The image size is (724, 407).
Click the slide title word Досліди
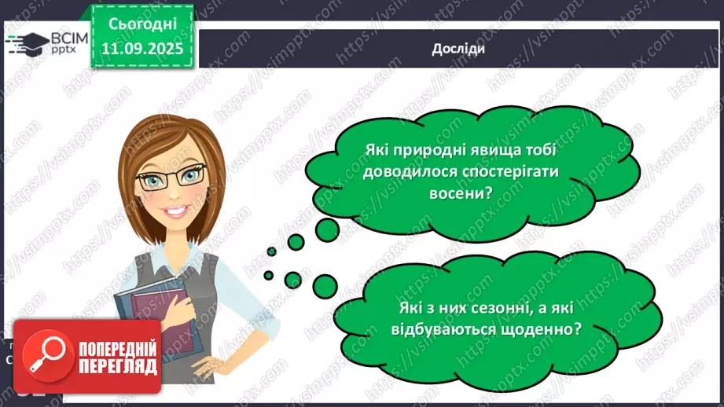458,49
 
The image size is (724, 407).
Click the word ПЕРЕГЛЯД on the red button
117,367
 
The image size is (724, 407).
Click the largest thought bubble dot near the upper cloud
327,229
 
